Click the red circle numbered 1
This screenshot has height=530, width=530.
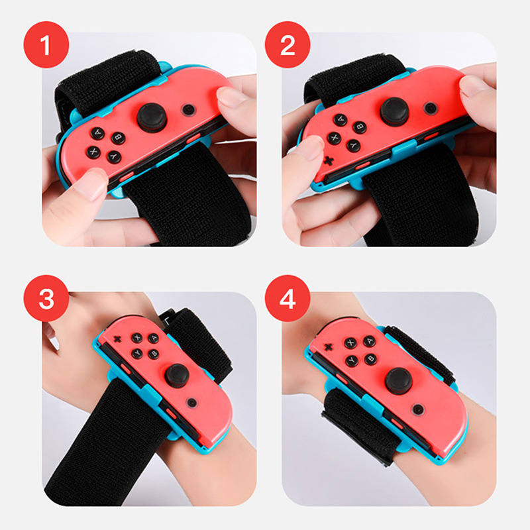46,44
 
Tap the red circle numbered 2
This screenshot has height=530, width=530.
288,44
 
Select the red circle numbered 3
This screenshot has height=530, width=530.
46,298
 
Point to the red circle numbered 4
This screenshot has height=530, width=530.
288,298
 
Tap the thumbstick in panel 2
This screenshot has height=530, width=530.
394,112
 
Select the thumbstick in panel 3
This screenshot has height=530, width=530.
177,376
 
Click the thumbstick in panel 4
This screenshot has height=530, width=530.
399,381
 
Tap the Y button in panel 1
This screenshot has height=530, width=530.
114,156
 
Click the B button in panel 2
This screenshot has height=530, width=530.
360,127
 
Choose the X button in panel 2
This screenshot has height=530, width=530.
335,138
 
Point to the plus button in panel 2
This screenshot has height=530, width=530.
328,160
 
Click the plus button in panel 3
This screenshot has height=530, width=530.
117,339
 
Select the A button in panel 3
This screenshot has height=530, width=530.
154,338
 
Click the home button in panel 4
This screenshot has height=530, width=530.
419,409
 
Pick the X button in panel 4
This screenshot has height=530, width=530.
350,343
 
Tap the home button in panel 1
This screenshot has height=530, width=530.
189,109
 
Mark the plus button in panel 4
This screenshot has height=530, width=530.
328,346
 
